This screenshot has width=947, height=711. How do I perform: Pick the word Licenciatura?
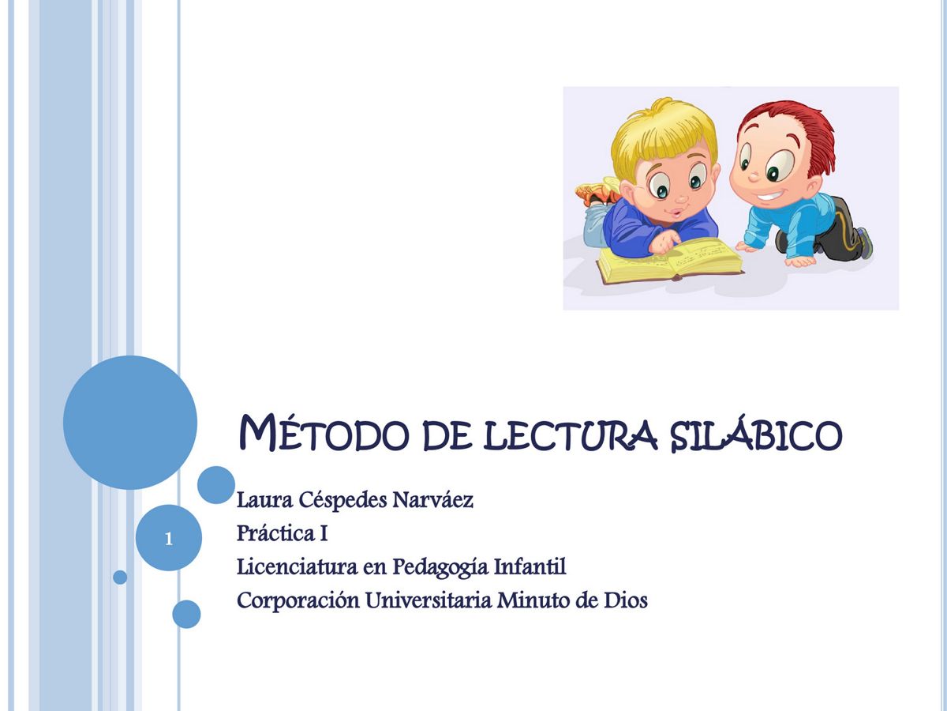click(x=293, y=567)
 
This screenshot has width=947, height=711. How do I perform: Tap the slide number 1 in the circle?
click(x=168, y=540)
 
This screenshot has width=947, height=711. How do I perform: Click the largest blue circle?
click(x=130, y=422)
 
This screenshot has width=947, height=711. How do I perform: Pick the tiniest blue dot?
click(x=120, y=577)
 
